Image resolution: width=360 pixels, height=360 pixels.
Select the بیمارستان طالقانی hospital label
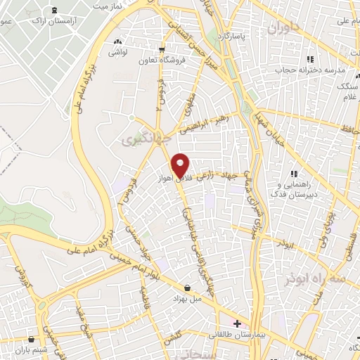(x=238, y=335)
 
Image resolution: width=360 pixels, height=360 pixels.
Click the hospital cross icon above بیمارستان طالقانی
(x=238, y=324)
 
